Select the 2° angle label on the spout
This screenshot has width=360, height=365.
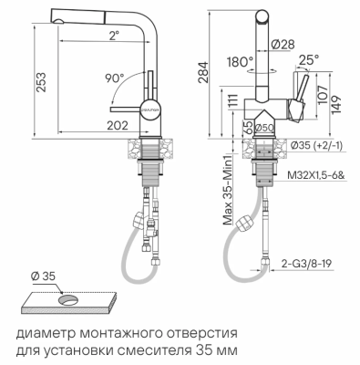click(x=112, y=36)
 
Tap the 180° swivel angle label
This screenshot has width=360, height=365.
click(x=238, y=63)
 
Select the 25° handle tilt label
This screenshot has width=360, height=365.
click(x=309, y=60)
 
